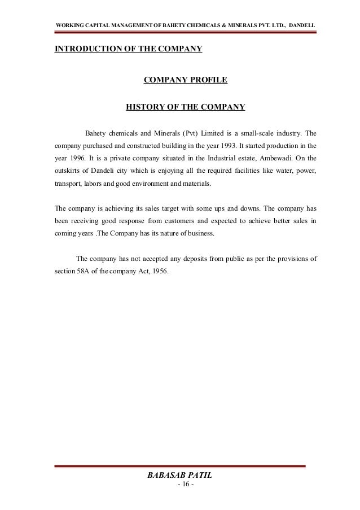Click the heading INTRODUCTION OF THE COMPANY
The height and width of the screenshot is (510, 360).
(128, 49)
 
